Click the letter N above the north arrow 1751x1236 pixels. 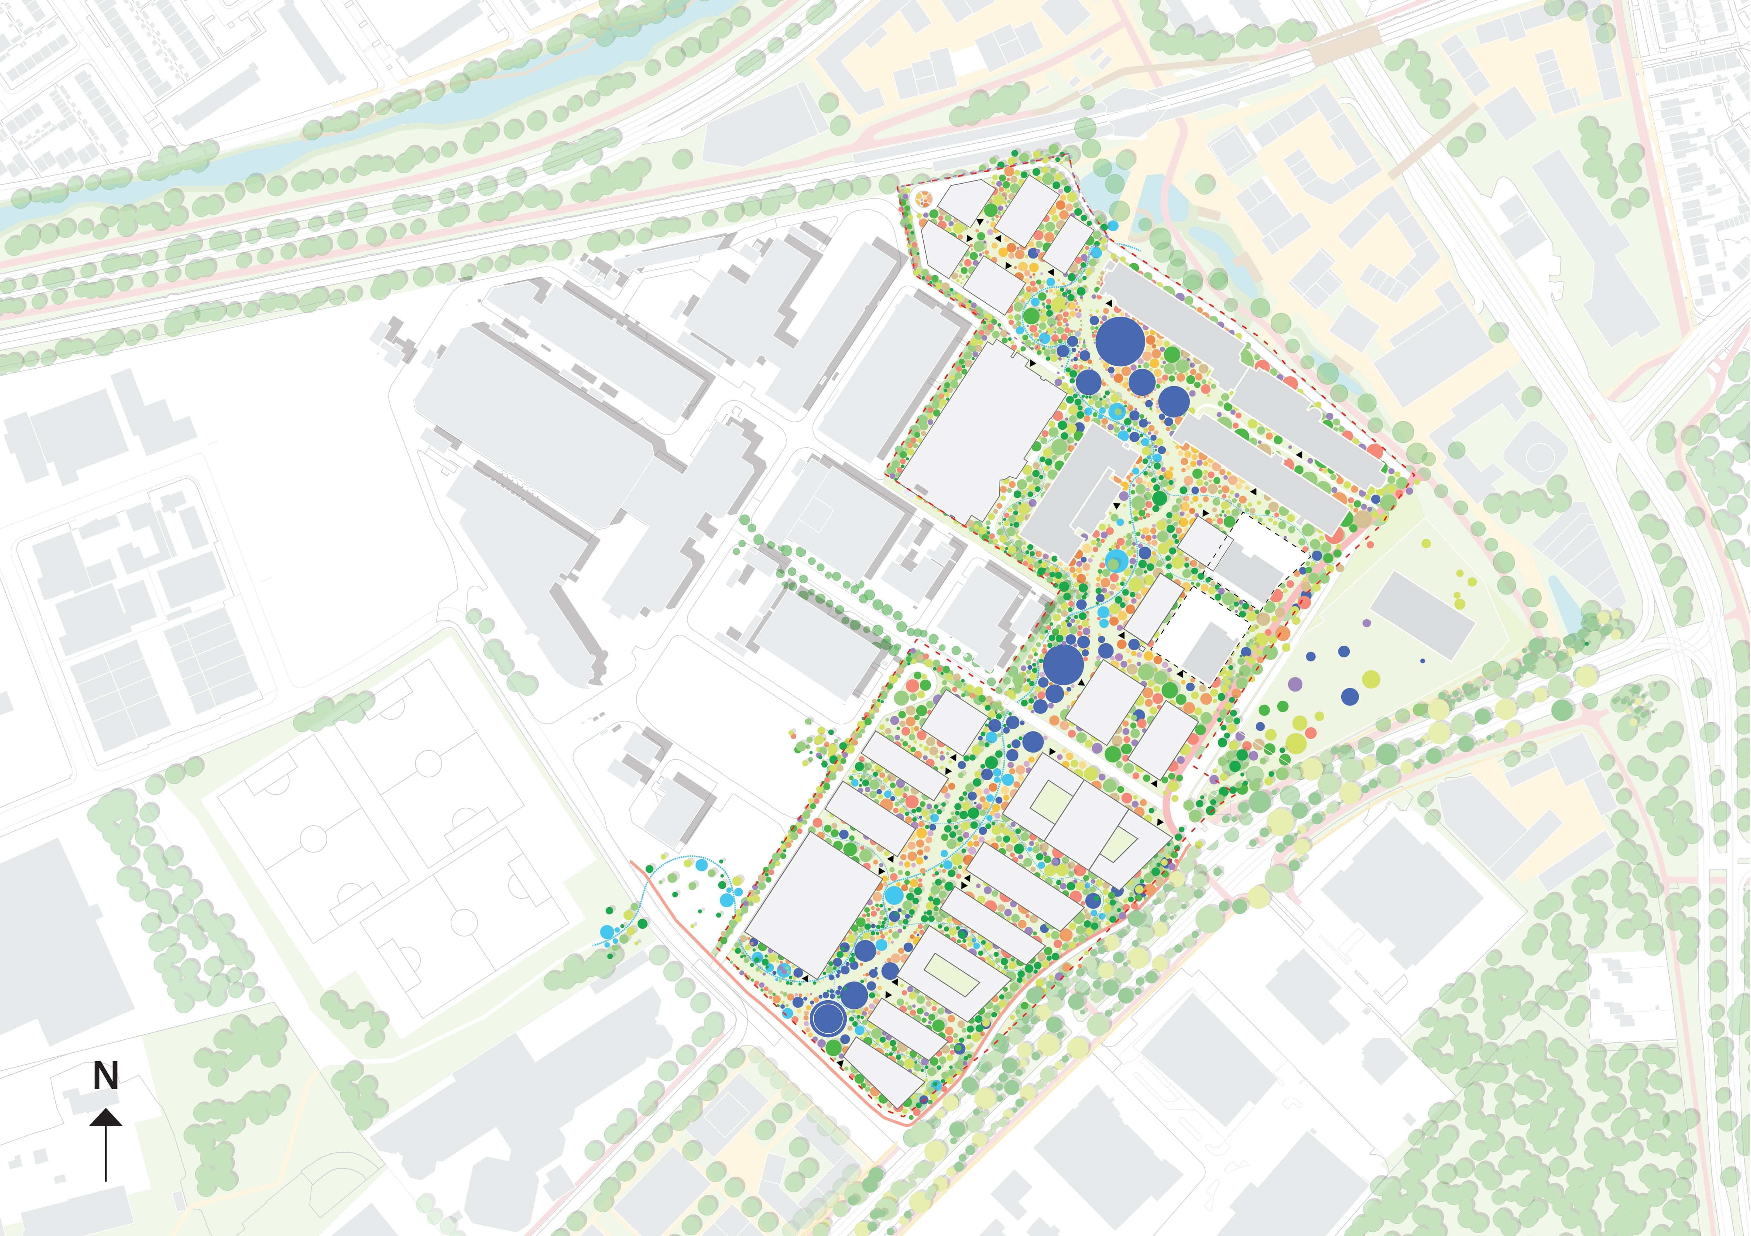pyautogui.click(x=105, y=1076)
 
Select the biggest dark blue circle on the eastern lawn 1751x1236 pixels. pyautogui.click(x=1350, y=696)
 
